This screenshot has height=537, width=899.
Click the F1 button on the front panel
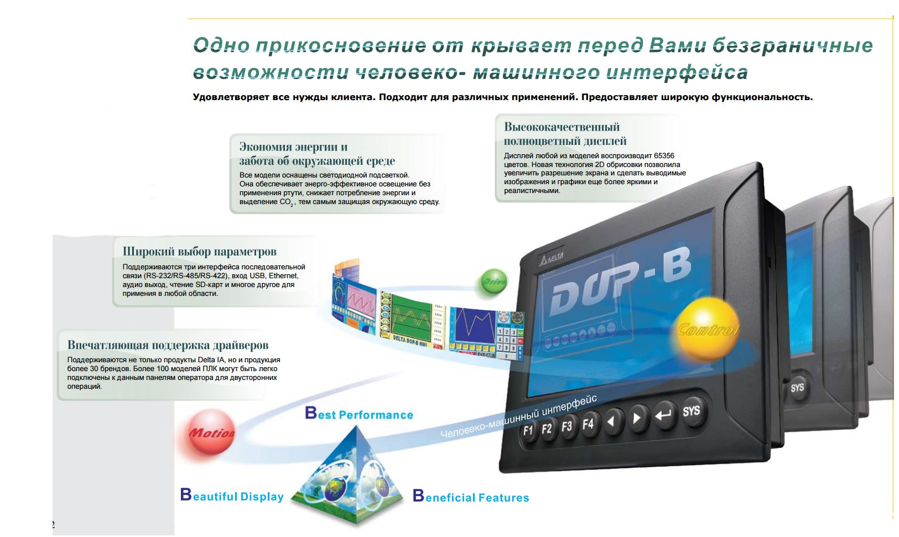[528, 431]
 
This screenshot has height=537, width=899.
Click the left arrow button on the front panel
[612, 421]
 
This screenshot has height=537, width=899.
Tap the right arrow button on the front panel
[637, 418]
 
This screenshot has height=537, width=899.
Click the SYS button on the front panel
[691, 411]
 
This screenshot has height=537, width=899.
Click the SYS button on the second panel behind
[797, 387]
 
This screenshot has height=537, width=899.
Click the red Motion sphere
[211, 432]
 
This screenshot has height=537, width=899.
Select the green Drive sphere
[494, 281]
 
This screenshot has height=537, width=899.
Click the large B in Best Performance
[311, 413]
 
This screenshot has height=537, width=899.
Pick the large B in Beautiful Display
[186, 494]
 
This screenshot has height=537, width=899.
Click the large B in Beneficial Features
[418, 496]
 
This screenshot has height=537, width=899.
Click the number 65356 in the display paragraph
[664, 156]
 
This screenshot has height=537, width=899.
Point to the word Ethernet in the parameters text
[283, 276]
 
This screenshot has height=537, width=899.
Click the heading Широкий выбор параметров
[200, 252]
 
